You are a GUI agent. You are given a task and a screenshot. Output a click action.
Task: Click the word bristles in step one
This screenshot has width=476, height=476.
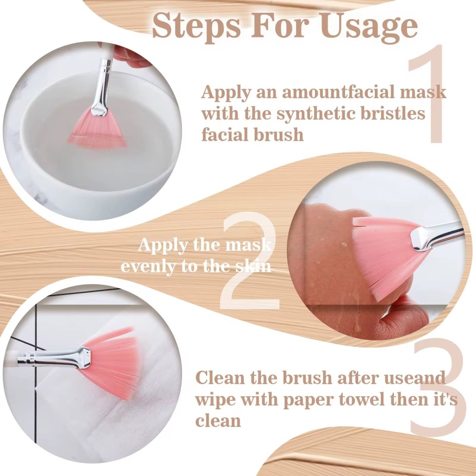click(393, 114)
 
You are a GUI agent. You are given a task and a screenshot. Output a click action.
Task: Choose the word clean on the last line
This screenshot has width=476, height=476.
click(218, 420)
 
